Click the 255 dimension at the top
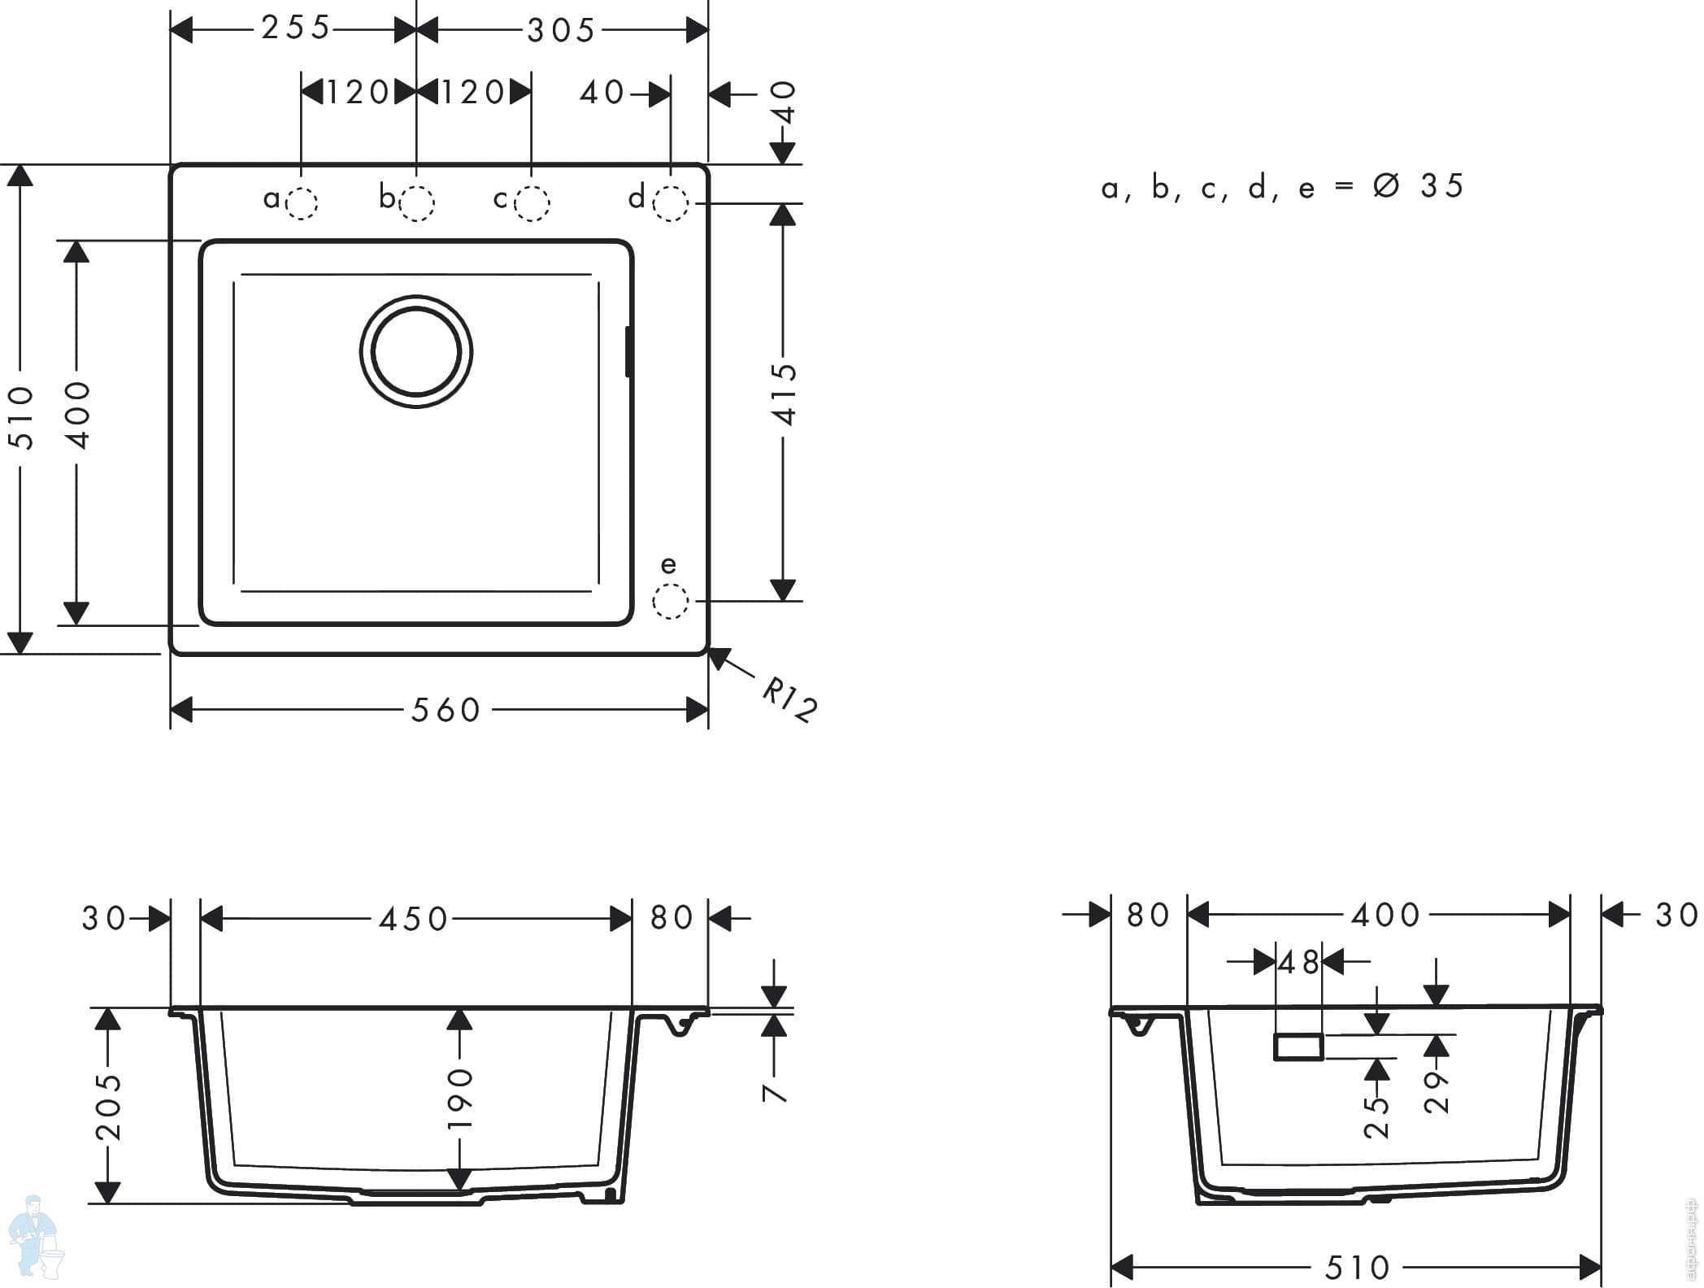tap(296, 28)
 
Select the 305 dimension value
tap(562, 32)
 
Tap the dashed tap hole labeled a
tap(302, 203)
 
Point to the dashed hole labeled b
tap(417, 203)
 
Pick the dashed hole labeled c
tap(532, 203)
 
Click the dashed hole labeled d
tap(672, 203)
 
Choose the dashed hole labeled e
tap(671, 602)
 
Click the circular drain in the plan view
tap(416, 351)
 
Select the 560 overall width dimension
tap(446, 711)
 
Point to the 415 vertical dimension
tap(785, 394)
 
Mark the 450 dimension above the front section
tap(414, 920)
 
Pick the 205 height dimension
tap(108, 1107)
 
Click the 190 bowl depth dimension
tap(460, 1099)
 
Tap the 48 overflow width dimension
tap(1298, 964)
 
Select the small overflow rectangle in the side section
tap(1298, 1047)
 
